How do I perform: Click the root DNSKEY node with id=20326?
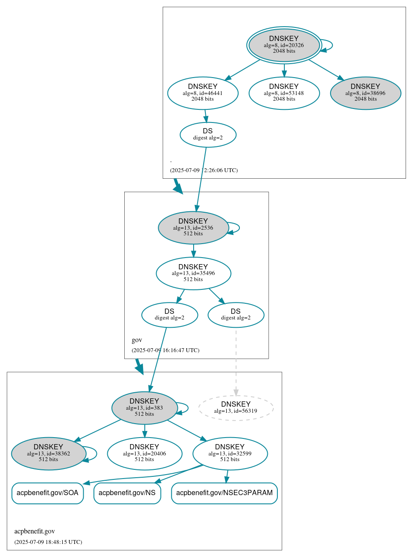pyautogui.click(x=284, y=45)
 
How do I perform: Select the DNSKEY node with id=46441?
pyautogui.click(x=203, y=93)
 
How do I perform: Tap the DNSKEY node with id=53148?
pyautogui.click(x=284, y=93)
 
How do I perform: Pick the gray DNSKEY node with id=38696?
pyautogui.click(x=365, y=93)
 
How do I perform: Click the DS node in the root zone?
pyautogui.click(x=208, y=135)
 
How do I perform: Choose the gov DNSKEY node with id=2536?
pyautogui.click(x=193, y=228)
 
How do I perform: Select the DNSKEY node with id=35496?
pyautogui.click(x=193, y=273)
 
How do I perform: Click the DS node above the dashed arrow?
pyautogui.click(x=236, y=315)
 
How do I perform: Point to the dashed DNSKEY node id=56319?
pyautogui.click(x=236, y=408)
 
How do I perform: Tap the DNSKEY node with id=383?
pyautogui.click(x=144, y=408)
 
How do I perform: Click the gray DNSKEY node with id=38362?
pyautogui.click(x=48, y=453)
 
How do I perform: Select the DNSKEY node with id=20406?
pyautogui.click(x=144, y=453)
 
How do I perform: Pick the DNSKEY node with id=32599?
pyautogui.click(x=230, y=453)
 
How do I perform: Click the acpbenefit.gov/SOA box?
pyautogui.click(x=48, y=493)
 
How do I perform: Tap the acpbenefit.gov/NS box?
pyautogui.click(x=127, y=493)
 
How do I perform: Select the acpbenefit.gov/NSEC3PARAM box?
pyautogui.click(x=224, y=493)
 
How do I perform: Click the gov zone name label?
pyautogui.click(x=137, y=340)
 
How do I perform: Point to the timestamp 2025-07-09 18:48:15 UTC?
pyautogui.click(x=48, y=542)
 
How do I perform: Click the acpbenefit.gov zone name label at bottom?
pyautogui.click(x=34, y=531)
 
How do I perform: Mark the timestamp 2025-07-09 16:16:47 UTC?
pyautogui.click(x=165, y=350)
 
